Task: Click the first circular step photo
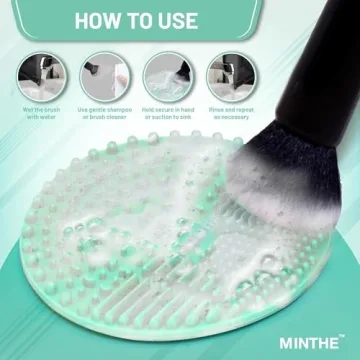[41, 76]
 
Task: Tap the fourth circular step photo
[227, 76]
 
